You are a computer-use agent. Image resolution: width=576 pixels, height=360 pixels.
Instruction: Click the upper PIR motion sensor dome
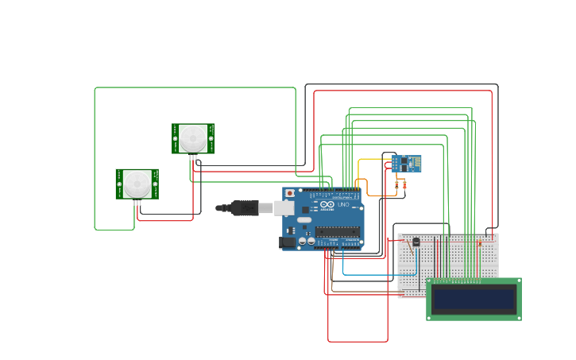(193, 138)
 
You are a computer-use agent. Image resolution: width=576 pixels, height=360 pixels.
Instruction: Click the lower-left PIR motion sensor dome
(137, 184)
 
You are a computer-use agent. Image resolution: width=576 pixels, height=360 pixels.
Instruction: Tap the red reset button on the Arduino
(290, 193)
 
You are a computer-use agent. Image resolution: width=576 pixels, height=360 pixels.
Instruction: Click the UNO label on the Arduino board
(343, 205)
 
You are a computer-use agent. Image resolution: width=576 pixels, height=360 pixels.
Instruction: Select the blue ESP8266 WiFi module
(406, 163)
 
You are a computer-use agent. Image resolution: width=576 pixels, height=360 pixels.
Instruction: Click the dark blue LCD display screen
(474, 299)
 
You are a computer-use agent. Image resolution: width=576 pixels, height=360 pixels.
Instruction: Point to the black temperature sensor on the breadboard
(416, 242)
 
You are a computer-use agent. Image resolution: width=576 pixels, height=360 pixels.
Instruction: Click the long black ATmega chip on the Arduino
(338, 231)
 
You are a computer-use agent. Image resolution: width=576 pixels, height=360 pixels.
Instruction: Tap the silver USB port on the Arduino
(284, 208)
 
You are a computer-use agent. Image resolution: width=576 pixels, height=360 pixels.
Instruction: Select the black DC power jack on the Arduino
(288, 242)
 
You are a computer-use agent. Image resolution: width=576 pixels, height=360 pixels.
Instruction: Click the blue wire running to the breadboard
(373, 275)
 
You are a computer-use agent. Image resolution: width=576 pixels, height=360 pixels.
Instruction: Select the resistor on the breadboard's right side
(478, 242)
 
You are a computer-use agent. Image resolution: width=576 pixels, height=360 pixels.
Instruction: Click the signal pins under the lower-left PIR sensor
(137, 203)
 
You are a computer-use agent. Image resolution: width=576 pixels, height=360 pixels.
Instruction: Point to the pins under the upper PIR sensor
(193, 157)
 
